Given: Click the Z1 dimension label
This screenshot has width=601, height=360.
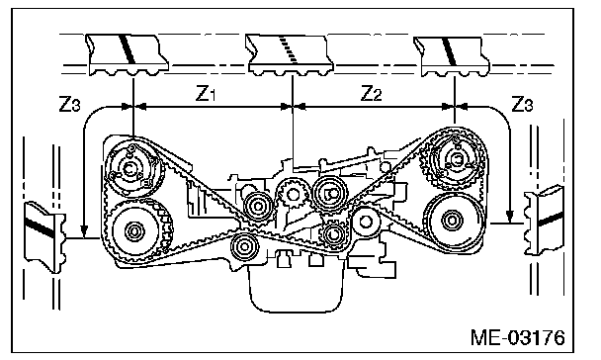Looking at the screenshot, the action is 206,94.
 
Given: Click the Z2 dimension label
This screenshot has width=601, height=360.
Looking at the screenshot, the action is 372,94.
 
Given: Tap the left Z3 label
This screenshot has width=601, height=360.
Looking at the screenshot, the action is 70,104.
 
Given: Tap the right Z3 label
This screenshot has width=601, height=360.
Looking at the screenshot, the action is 522,104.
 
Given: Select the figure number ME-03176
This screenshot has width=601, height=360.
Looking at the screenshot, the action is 517,338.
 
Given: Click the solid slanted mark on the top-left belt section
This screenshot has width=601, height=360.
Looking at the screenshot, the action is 128,48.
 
